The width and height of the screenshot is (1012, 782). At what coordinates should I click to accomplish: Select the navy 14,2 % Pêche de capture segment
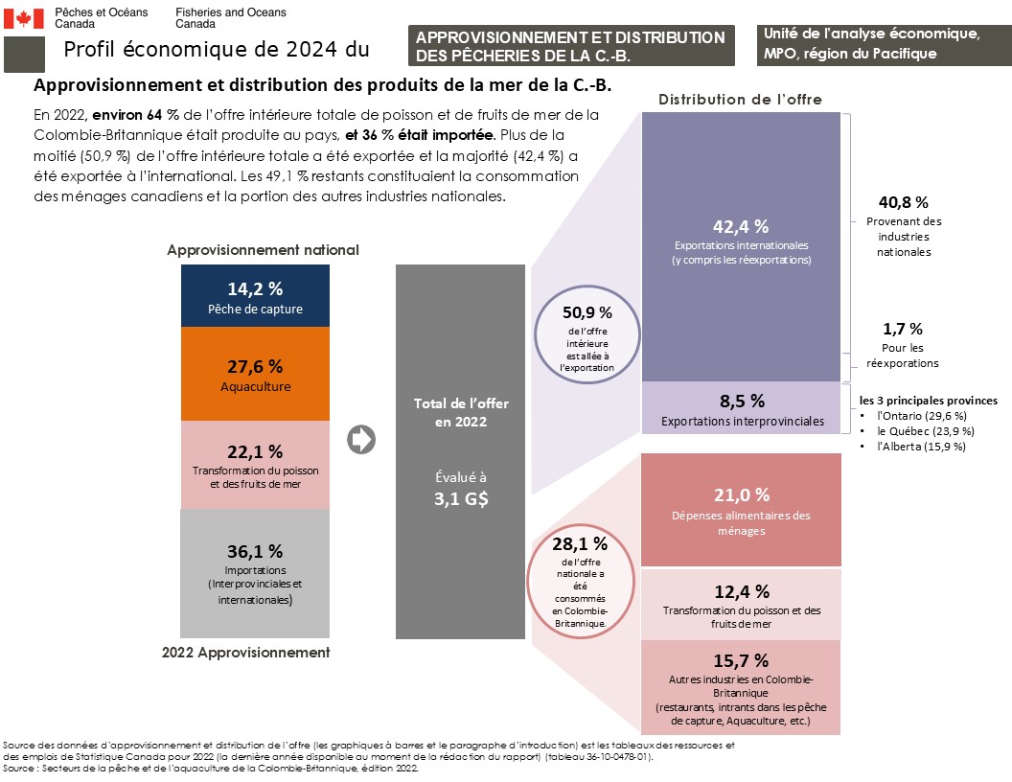[x=255, y=297]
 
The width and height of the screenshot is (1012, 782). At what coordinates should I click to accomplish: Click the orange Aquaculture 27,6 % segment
[x=255, y=375]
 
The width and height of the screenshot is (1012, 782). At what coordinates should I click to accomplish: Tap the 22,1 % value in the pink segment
[x=255, y=451]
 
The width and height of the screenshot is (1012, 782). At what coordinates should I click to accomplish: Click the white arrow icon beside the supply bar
[x=362, y=440]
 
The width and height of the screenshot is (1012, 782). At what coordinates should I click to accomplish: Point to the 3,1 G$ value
[x=460, y=498]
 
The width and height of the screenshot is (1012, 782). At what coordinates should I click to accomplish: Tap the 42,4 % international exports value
[x=741, y=227]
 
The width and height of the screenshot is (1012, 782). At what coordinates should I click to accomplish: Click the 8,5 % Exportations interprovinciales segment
[x=741, y=408]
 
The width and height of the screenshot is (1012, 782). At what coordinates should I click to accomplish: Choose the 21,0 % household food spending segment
[x=741, y=510]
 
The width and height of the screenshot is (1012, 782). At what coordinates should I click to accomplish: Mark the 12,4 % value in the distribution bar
[x=741, y=591]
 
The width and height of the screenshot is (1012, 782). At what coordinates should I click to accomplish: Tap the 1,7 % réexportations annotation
[x=902, y=329]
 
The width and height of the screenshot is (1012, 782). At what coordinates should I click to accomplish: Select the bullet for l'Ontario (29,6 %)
[x=865, y=416]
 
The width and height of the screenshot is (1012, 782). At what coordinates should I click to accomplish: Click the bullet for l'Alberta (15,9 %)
[x=865, y=447]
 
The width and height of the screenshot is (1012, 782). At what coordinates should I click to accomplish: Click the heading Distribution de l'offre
[x=740, y=100]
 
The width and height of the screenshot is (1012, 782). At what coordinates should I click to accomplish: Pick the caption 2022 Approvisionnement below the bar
[x=245, y=653]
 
